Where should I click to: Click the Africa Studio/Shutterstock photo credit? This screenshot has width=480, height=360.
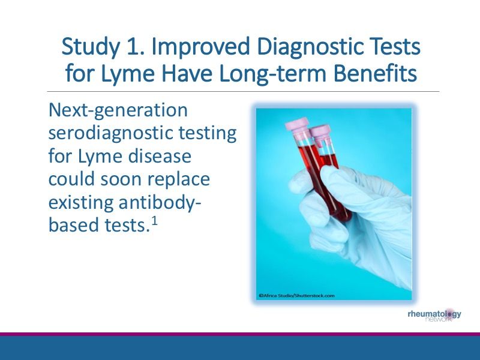296,295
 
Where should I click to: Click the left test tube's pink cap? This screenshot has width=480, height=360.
299,123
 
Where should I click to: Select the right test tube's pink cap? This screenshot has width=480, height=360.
319,130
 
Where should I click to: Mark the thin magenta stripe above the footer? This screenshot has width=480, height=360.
240,334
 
